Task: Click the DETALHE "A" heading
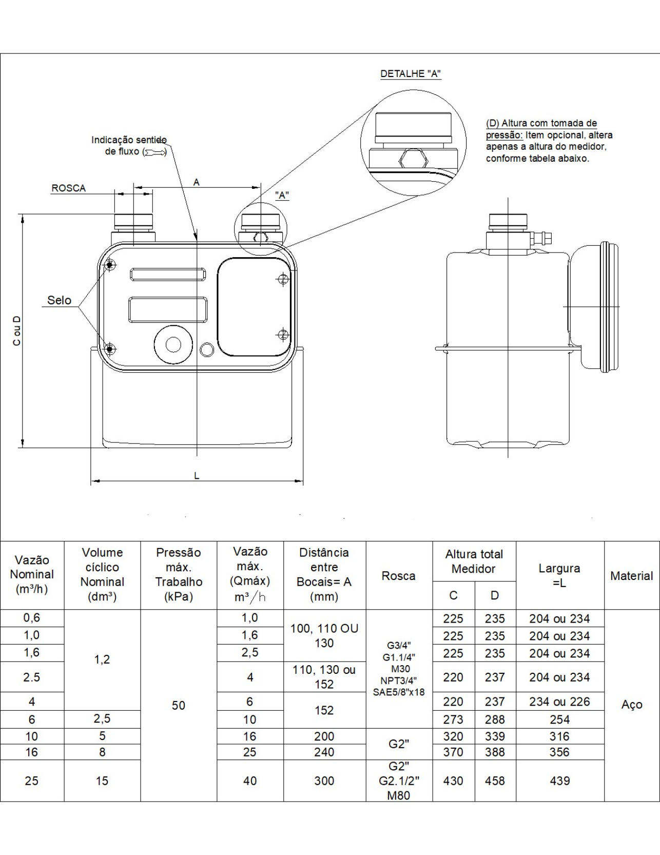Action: coord(411,73)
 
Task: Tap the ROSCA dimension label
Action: coord(68,188)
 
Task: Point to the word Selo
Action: coord(59,300)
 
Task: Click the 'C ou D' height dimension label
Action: coord(17,331)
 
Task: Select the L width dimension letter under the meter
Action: coord(197,476)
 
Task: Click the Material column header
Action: coord(631,576)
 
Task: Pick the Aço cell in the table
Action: coord(631,705)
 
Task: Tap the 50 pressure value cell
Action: coord(179,705)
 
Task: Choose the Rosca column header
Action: coord(399,576)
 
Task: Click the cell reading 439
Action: coord(559,781)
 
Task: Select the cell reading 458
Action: coord(495,781)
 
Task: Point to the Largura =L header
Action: coord(559,575)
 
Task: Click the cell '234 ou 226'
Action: coord(559,702)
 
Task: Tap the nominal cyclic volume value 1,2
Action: coord(102,659)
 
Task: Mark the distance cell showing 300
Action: coord(324,781)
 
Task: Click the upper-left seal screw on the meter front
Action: coord(110,265)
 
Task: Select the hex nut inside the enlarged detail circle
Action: coord(413,160)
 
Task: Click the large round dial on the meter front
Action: coord(173,344)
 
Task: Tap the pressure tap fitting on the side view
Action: coord(543,238)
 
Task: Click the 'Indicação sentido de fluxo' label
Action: coord(129,146)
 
